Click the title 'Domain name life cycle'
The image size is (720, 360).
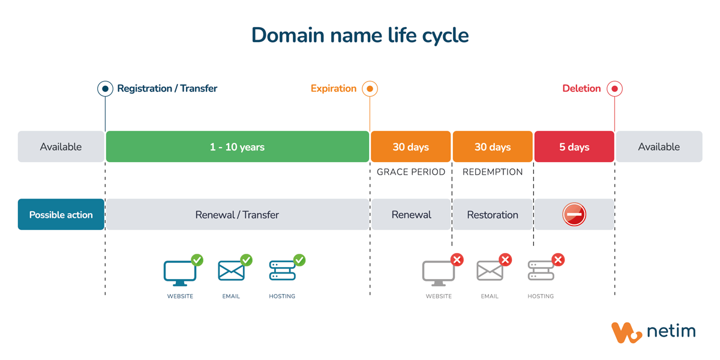click(x=360, y=35)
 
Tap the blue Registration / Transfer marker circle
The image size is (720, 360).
click(x=105, y=89)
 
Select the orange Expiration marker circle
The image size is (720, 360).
click(x=370, y=89)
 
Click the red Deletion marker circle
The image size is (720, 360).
click(x=614, y=89)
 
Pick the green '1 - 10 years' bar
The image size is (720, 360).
click(x=237, y=147)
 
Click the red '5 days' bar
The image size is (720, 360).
click(x=574, y=147)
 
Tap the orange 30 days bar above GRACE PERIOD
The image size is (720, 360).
click(x=410, y=147)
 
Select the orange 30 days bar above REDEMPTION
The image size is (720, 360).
click(x=493, y=147)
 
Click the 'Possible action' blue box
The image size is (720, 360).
click(x=61, y=215)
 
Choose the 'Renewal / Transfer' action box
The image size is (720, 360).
click(x=237, y=215)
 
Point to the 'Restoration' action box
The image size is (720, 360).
click(x=493, y=215)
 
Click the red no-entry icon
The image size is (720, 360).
click(x=574, y=214)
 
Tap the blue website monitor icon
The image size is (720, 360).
click(x=179, y=272)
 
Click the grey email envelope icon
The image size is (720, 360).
click(x=490, y=271)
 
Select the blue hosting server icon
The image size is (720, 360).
click(x=282, y=271)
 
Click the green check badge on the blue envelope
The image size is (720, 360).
click(x=246, y=260)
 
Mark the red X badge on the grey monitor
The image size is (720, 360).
click(x=457, y=260)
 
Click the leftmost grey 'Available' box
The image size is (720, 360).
click(x=61, y=147)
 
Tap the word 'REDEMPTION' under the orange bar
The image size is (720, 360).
click(x=493, y=172)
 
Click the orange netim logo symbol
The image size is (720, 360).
click(x=626, y=332)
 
